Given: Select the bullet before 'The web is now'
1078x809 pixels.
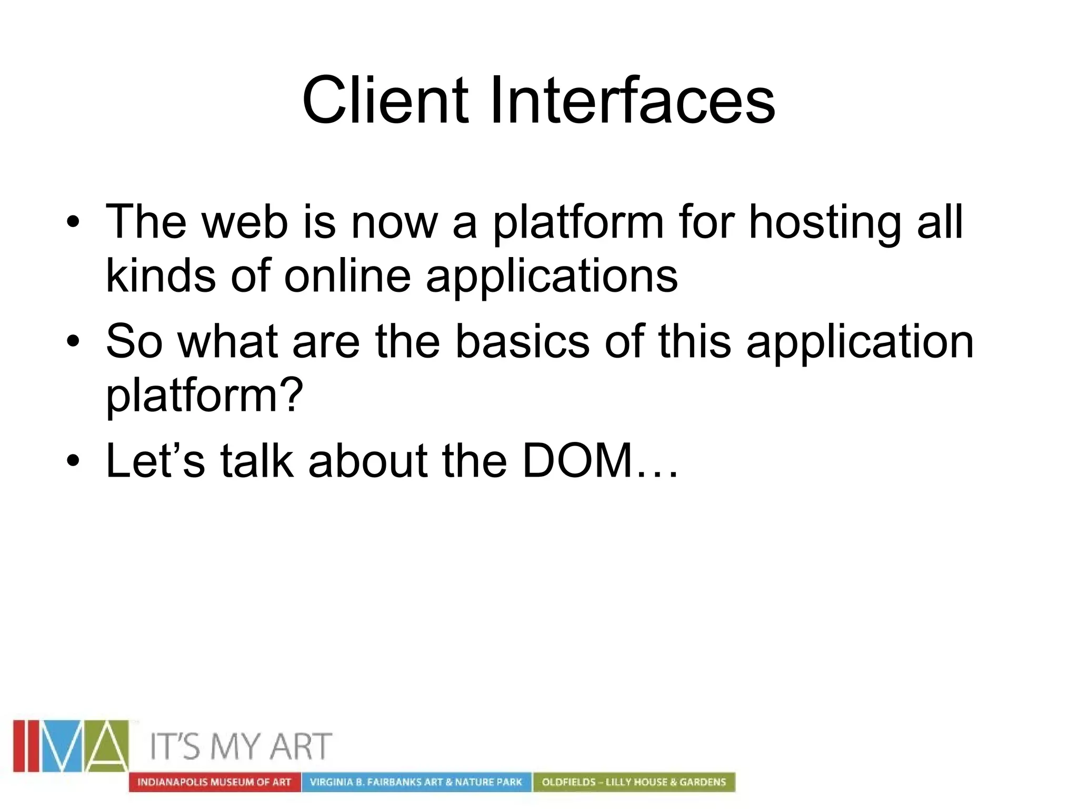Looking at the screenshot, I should (x=73, y=222).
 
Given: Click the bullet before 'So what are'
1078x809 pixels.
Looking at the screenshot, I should (x=73, y=342).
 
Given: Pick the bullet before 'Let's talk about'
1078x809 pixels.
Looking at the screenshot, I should (x=73, y=461).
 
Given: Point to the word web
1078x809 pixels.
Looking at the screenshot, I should (x=245, y=222).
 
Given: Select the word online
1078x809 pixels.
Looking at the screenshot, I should (x=347, y=276).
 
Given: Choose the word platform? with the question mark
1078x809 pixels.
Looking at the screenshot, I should (x=205, y=396).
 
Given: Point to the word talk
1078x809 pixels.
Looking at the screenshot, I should (x=256, y=461).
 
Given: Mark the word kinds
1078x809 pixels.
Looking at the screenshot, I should (x=161, y=276).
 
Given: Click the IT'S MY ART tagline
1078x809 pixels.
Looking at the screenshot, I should (x=241, y=746).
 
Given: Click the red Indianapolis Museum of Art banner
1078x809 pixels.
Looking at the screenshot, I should (x=214, y=782).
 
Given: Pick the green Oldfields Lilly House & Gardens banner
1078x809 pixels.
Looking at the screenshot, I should (x=634, y=782).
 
